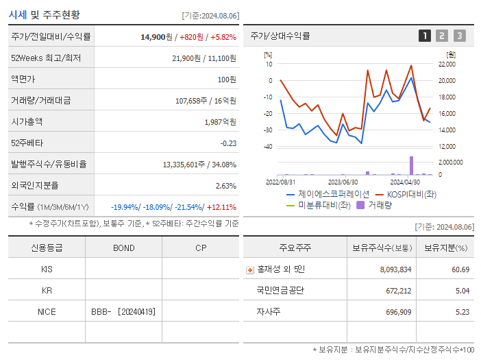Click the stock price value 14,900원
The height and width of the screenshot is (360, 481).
(156, 36)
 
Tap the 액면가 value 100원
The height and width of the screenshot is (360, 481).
(227, 79)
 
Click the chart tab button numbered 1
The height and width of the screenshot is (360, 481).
(425, 36)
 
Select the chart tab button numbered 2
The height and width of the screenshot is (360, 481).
(442, 36)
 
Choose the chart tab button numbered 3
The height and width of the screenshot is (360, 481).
(459, 36)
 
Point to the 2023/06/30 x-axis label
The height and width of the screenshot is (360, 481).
(343, 182)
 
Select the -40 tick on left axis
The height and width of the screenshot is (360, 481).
(268, 147)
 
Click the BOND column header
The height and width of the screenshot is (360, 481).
(123, 248)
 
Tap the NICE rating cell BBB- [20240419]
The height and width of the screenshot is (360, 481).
(123, 311)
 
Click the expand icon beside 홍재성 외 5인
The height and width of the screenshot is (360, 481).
(250, 269)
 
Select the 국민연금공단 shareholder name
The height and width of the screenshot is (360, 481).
(280, 291)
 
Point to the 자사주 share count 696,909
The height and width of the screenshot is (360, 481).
(395, 311)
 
